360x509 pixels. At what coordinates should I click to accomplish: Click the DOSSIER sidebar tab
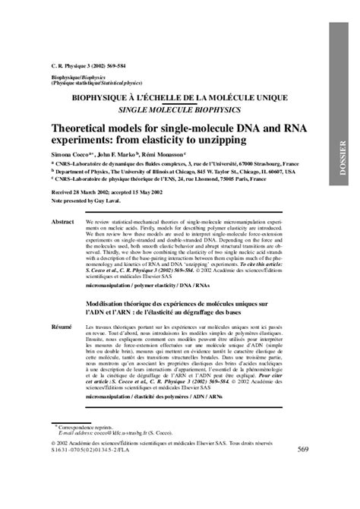pyautogui.click(x=343, y=155)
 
